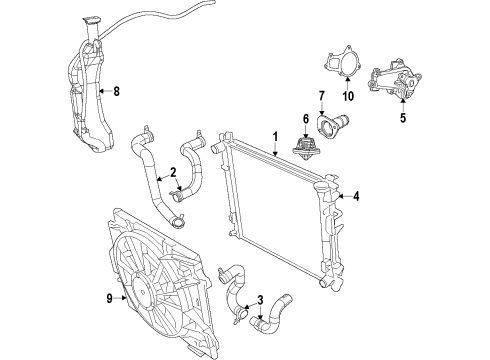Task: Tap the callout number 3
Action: [262, 300]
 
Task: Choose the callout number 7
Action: [321, 96]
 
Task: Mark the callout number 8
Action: [116, 92]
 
